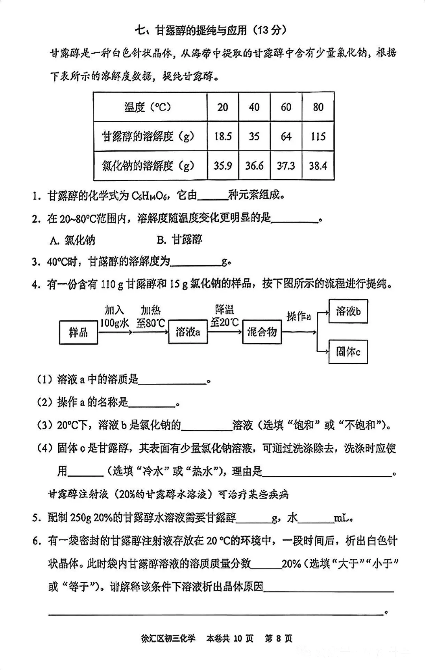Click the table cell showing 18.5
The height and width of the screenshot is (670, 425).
point(223,136)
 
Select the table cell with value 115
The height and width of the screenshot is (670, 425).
point(318,136)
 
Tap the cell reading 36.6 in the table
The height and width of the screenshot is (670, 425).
point(254,166)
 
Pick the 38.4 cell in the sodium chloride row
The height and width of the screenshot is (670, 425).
point(318,166)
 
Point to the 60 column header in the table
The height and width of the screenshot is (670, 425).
point(286,107)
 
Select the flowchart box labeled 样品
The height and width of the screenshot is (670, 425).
point(78,333)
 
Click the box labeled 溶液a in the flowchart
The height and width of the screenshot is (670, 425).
point(188,332)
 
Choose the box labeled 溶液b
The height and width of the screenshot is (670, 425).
point(348,311)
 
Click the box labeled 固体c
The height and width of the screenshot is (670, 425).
point(348,352)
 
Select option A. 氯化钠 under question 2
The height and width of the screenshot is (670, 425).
point(72,240)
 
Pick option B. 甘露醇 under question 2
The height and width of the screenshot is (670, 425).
point(179,239)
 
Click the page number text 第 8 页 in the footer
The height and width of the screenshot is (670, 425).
point(278,638)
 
